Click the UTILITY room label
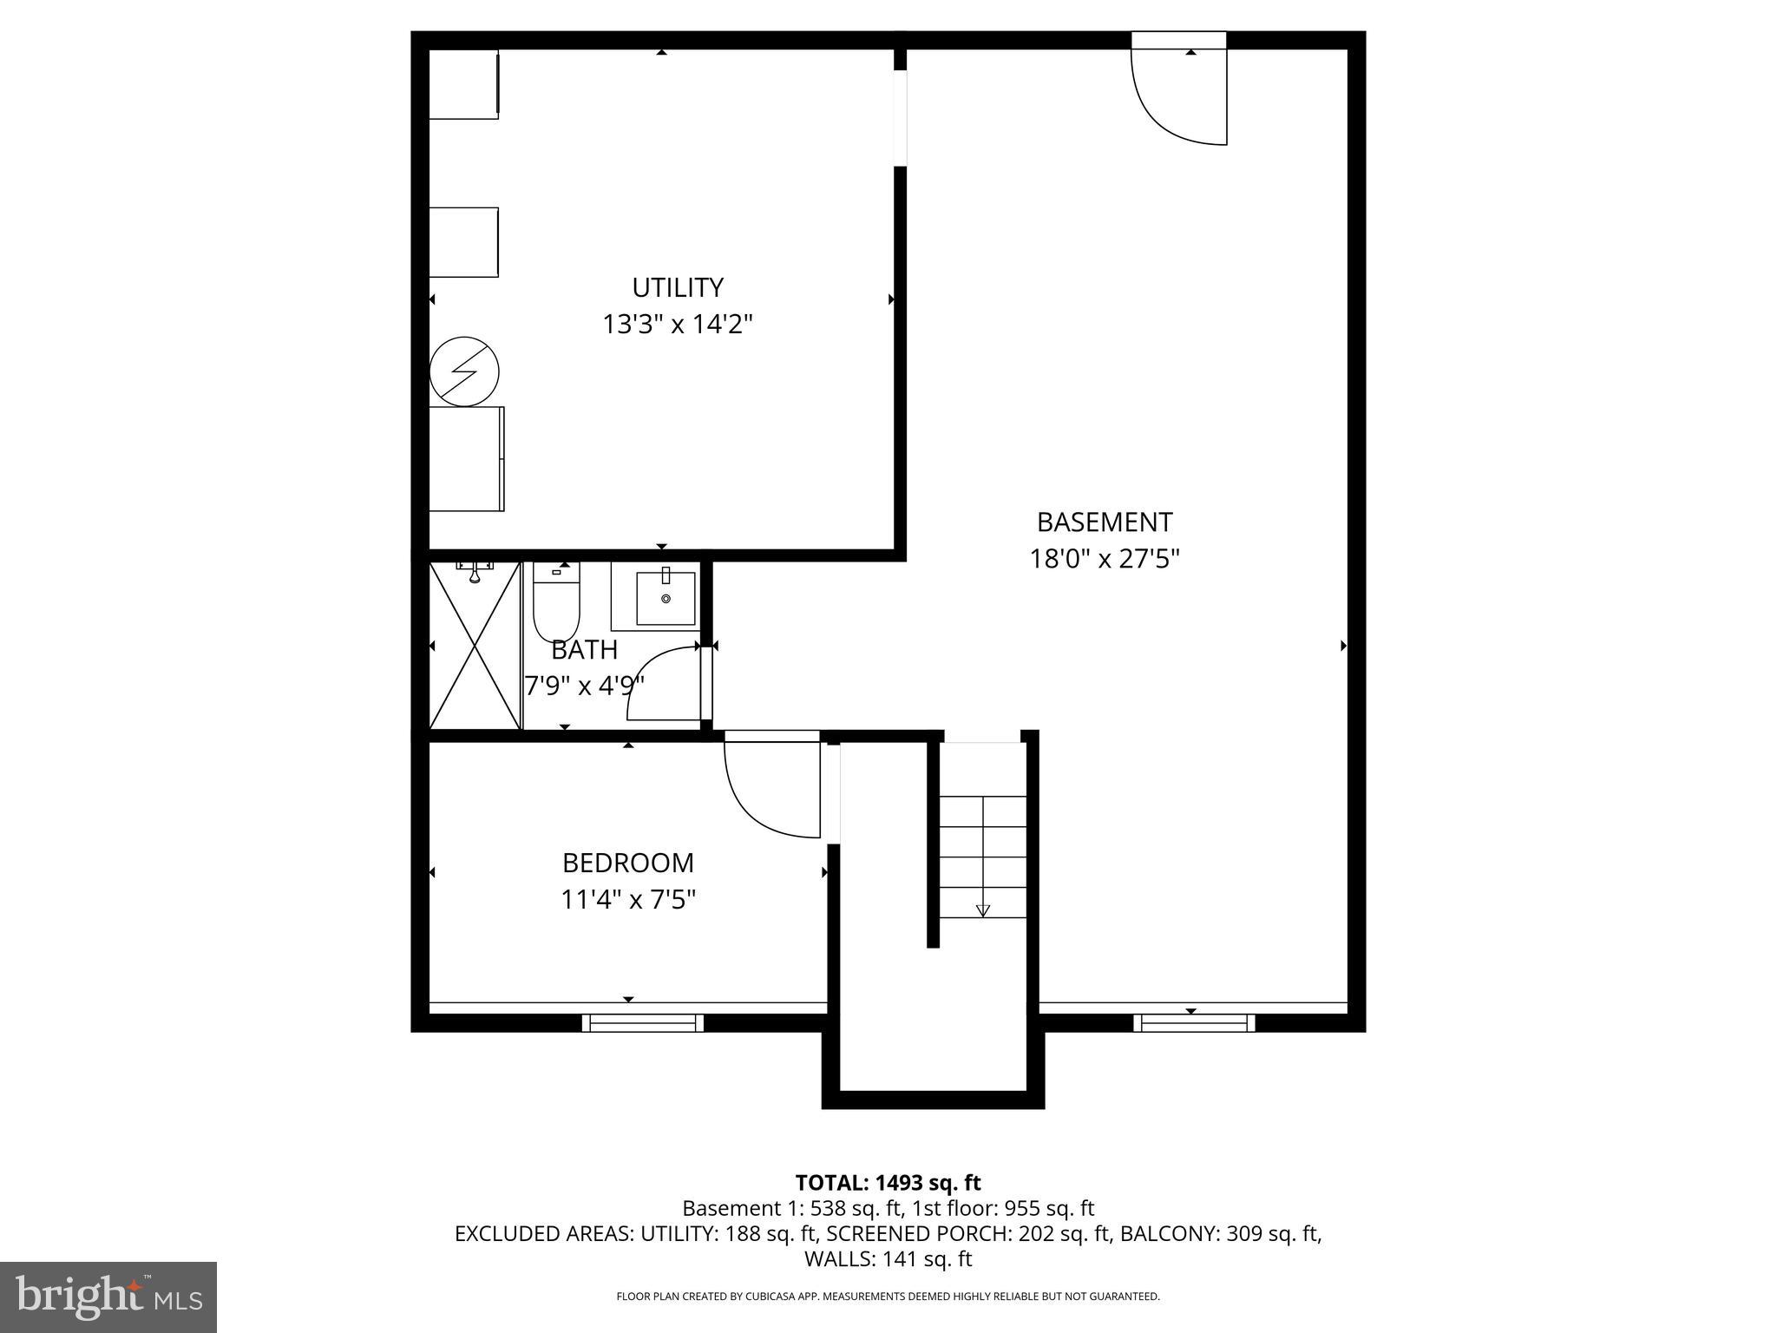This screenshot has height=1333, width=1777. pyautogui.click(x=677, y=287)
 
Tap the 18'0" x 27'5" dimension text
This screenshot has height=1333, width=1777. pyautogui.click(x=1105, y=559)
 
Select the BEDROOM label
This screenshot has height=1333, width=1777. pyautogui.click(x=628, y=863)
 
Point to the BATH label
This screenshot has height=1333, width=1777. pyautogui.click(x=584, y=649)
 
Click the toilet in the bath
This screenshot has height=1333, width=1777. pyautogui.click(x=556, y=602)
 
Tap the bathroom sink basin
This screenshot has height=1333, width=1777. pyautogui.click(x=666, y=598)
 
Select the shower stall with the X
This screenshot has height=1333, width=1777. pyautogui.click(x=475, y=646)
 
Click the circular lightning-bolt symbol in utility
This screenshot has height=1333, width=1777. pyautogui.click(x=465, y=371)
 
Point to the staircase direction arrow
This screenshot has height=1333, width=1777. pyautogui.click(x=982, y=909)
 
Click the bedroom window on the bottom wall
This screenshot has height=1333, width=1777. pyautogui.click(x=643, y=1023)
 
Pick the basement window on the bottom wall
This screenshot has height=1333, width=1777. pyautogui.click(x=1194, y=1023)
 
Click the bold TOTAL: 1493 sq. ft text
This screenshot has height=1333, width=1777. pyautogui.click(x=888, y=1183)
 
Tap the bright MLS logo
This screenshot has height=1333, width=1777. pyautogui.click(x=108, y=1297)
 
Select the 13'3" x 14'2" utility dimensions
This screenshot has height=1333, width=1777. pyautogui.click(x=677, y=325)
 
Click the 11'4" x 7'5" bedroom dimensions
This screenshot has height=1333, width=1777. pyautogui.click(x=628, y=900)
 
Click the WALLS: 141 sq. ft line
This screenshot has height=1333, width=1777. pyautogui.click(x=888, y=1258)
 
